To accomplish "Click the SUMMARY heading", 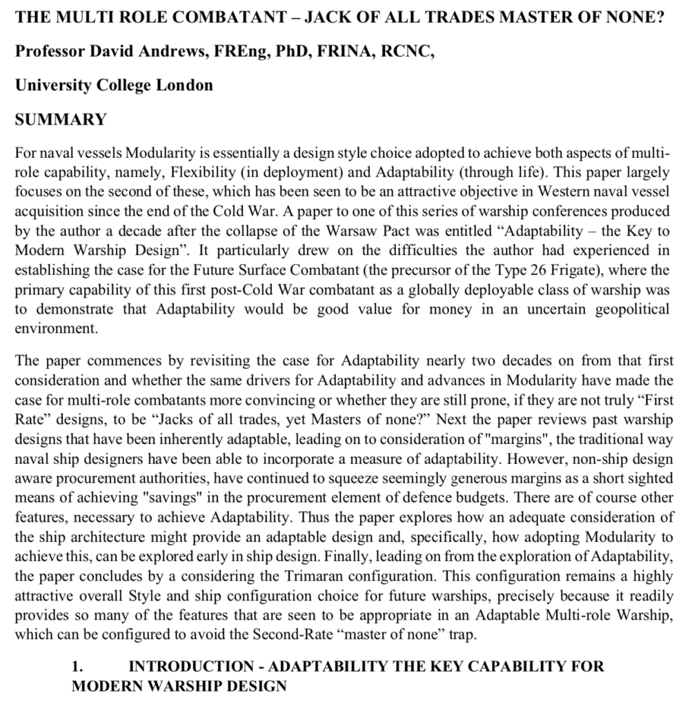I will pyautogui.click(x=61, y=119).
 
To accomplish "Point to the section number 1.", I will pyautogui.click(x=78, y=667).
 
